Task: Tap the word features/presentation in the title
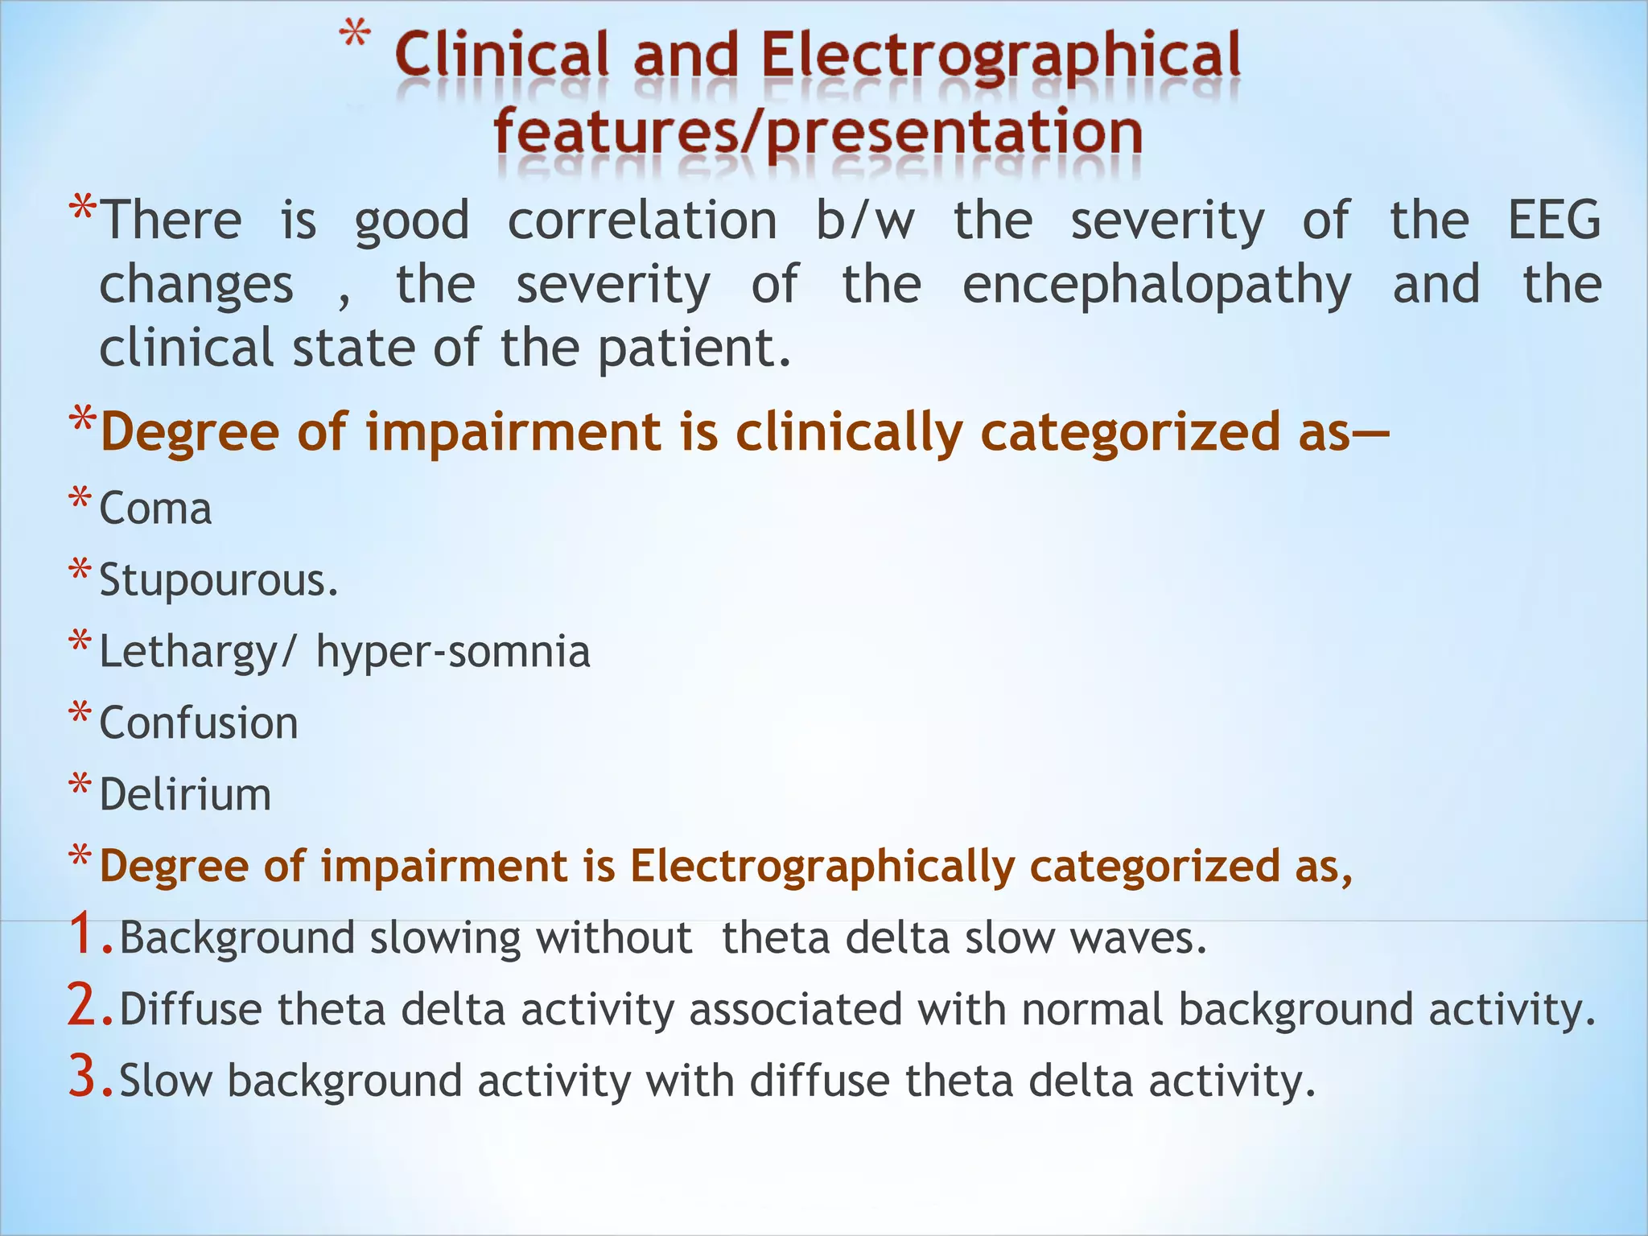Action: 818,133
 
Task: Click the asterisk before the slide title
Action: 354,37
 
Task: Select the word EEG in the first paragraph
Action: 1553,220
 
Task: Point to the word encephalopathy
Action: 1156,286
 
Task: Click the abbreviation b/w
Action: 865,220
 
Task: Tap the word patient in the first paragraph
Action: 694,349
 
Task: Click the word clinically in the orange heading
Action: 849,432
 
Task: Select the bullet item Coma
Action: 155,509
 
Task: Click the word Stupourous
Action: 218,580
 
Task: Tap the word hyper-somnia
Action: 453,652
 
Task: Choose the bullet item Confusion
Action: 198,723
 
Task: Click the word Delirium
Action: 185,794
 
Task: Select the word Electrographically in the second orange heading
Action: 822,867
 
